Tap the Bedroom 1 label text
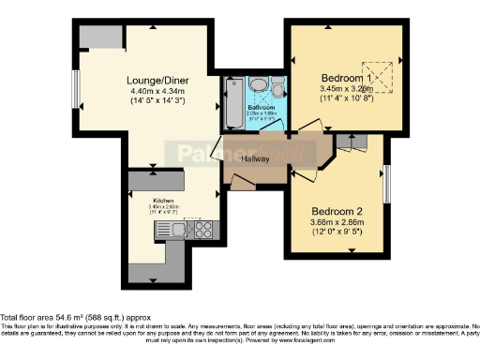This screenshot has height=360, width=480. pyautogui.click(x=346, y=77)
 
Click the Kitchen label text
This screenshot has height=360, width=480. pyautogui.click(x=165, y=200)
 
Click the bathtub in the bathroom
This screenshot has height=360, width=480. pyautogui.click(x=233, y=105)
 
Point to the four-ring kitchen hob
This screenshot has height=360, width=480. pyautogui.click(x=201, y=228)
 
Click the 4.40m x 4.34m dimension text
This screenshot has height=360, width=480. pyautogui.click(x=159, y=92)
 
